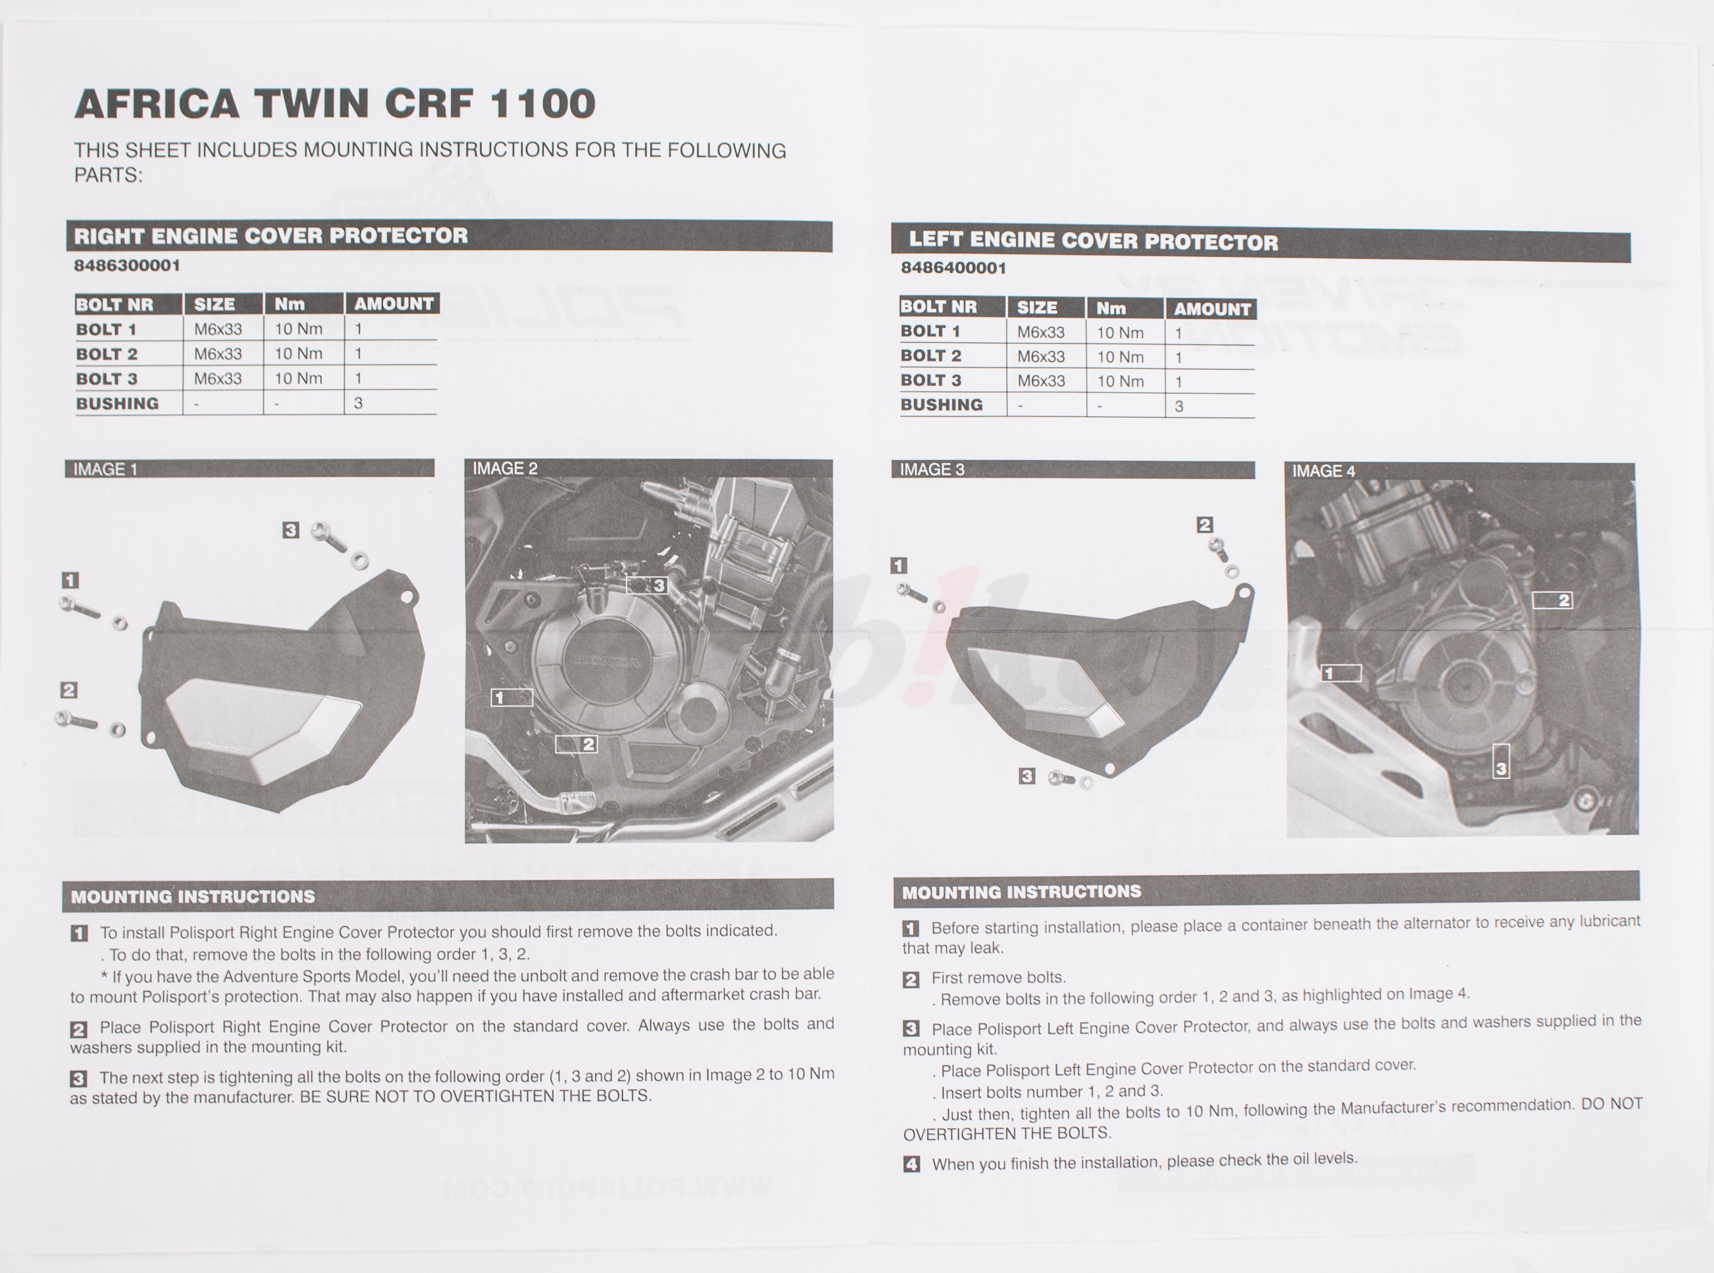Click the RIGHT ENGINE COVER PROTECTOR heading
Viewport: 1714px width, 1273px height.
270,236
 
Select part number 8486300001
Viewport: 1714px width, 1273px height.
127,265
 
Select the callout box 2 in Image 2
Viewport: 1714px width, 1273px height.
576,743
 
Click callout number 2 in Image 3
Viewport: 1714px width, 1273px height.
1205,525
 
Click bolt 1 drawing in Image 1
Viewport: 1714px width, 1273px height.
79,608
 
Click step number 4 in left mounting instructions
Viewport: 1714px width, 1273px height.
911,1164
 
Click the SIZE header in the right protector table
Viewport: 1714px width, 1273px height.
214,303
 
